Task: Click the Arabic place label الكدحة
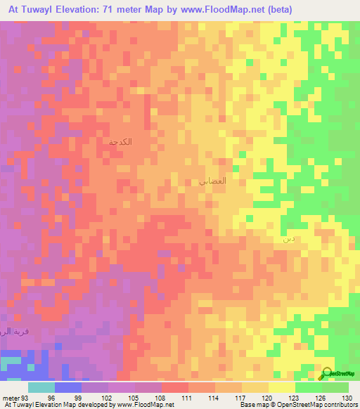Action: tap(121, 143)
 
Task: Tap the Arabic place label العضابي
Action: tap(213, 181)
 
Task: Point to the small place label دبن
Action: tap(288, 240)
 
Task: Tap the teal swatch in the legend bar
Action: tap(41, 387)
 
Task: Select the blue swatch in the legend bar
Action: tap(68, 387)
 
